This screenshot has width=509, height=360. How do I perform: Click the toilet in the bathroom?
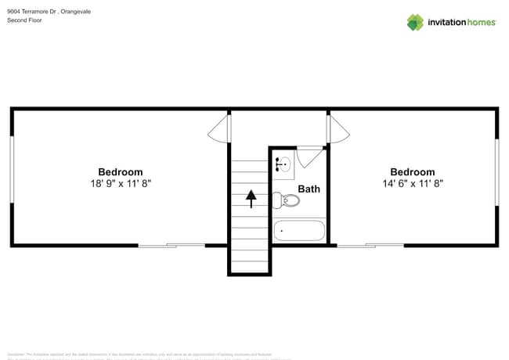(287, 200)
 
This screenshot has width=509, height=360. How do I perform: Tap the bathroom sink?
(283, 164)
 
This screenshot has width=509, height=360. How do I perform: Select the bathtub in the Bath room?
(299, 231)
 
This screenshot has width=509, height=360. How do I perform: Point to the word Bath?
(309, 189)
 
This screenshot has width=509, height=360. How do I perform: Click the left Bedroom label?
(120, 172)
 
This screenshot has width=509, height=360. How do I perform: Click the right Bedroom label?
(412, 172)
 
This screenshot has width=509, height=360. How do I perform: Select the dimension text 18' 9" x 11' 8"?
(120, 183)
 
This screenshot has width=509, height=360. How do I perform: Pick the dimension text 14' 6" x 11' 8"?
(412, 183)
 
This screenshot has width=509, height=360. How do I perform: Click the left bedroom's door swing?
(220, 129)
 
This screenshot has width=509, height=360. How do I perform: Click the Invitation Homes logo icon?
(414, 22)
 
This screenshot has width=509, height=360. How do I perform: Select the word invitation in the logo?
(447, 22)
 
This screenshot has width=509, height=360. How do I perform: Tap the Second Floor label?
(24, 20)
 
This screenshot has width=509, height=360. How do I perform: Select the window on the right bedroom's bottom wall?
(370, 246)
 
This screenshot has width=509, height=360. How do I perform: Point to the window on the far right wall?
(496, 172)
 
